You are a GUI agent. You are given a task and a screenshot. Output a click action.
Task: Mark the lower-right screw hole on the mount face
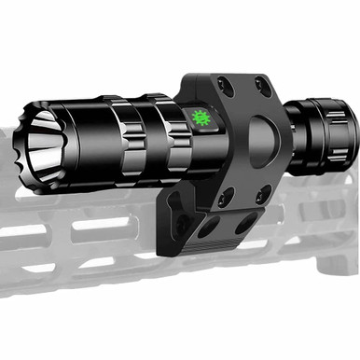(x=264, y=192)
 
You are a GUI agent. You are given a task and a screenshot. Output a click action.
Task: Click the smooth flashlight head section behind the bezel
(x=84, y=136)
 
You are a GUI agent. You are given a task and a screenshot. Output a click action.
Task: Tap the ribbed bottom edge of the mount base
(x=224, y=246)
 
